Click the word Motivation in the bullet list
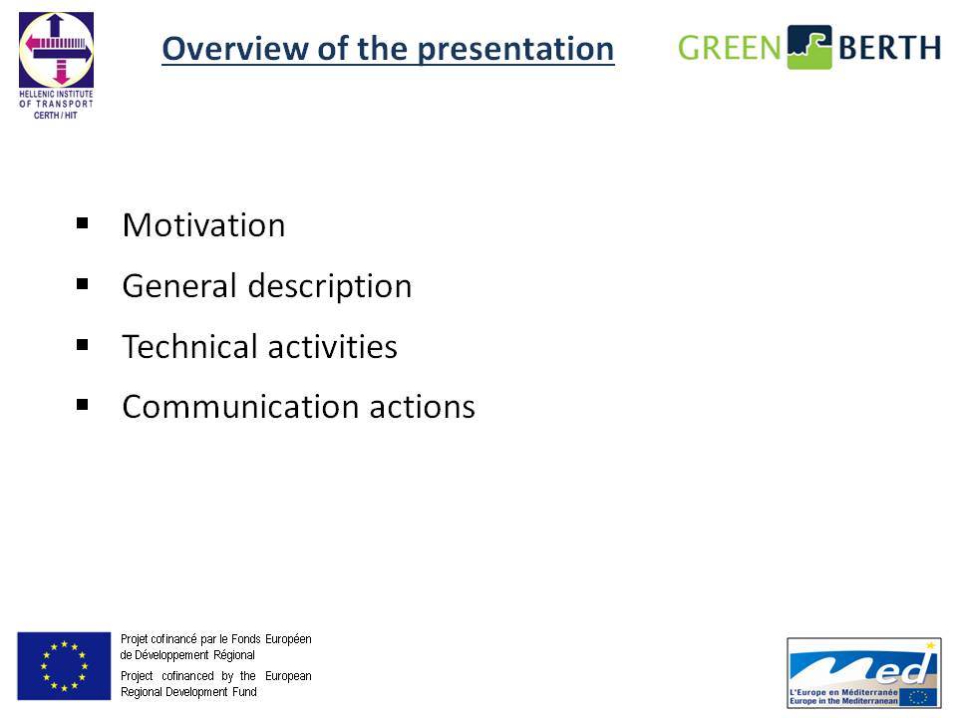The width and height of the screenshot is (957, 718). (203, 225)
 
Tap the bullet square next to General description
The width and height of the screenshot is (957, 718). (83, 284)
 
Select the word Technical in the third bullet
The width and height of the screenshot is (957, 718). (189, 347)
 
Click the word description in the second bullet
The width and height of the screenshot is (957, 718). (330, 287)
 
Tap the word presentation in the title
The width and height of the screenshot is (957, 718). (515, 50)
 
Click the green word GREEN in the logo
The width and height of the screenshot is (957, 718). (730, 48)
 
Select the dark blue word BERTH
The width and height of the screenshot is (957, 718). (889, 48)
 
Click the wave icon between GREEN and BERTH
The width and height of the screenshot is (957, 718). (809, 47)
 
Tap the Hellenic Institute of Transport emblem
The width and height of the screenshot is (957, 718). (56, 50)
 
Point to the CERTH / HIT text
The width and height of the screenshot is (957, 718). (56, 116)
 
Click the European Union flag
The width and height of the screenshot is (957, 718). (64, 666)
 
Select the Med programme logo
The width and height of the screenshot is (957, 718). (864, 673)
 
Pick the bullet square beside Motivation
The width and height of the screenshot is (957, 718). (83, 223)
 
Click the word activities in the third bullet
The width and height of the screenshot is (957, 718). (333, 347)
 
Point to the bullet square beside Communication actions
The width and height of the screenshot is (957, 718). (83, 404)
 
